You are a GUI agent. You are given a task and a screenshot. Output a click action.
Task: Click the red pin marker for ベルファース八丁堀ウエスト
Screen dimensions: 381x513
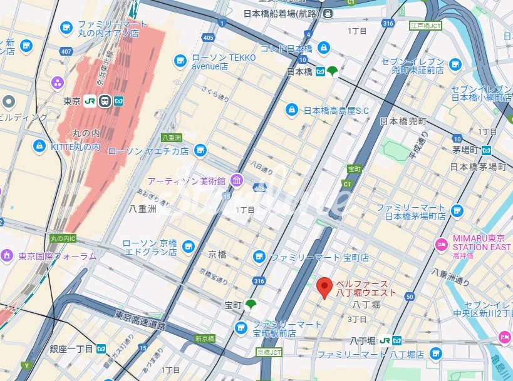pos(324,287)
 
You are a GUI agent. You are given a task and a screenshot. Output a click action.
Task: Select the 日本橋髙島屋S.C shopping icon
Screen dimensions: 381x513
pos(291,110)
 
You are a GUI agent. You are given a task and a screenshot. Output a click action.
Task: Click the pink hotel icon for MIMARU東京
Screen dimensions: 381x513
pos(441,243)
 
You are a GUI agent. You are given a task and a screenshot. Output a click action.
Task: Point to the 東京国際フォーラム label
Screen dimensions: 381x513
pos(57,255)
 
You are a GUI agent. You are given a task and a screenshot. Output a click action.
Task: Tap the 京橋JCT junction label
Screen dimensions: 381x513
pos(269,353)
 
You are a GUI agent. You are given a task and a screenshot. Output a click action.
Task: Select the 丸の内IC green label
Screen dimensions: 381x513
pos(63,238)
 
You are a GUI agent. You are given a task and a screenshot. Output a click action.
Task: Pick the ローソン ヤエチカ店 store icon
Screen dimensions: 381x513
pos(200,151)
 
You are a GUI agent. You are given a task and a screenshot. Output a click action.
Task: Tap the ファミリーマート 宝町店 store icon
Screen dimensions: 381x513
pos(258,257)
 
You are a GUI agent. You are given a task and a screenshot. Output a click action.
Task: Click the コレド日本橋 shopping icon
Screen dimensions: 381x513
pos(323,48)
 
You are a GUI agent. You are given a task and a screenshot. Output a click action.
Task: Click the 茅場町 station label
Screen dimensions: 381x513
pos(465,150)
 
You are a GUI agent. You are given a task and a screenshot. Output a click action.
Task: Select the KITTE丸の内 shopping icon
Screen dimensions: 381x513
pos(39,146)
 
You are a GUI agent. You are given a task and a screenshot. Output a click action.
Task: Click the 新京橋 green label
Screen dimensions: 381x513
pos(205,338)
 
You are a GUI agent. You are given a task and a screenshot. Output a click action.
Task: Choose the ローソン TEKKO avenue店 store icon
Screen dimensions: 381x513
pos(180,61)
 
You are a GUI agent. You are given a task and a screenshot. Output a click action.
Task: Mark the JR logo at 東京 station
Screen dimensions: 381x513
pos(90,101)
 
